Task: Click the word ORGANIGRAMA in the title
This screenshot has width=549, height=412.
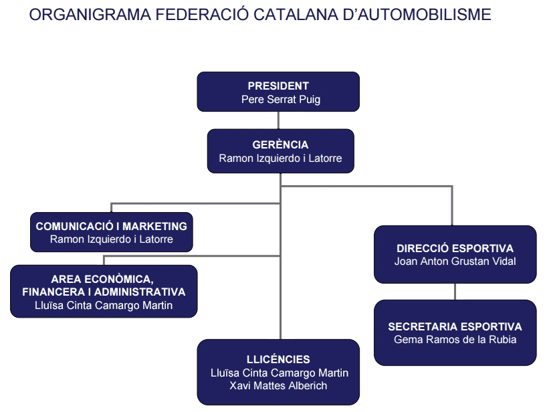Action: pos(90,15)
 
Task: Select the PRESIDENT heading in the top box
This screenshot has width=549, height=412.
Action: pos(278,86)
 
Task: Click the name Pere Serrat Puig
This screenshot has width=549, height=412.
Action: pos(281,100)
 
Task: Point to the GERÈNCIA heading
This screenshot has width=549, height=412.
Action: pos(280,144)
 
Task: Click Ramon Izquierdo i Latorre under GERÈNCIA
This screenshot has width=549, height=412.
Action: pos(280,159)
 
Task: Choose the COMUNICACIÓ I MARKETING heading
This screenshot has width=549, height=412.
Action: pos(112,226)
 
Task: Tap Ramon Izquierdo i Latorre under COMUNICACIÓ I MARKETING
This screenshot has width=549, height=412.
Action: pos(112,239)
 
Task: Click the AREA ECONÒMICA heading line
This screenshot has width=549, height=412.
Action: pos(102,279)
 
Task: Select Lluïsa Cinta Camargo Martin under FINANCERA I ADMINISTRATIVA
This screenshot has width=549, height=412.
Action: pos(104,306)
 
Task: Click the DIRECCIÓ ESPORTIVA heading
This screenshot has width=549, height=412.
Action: pos(455,248)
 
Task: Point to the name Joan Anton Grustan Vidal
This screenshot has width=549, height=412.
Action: pos(455,262)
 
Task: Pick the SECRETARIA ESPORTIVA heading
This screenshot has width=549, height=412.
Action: pos(455,326)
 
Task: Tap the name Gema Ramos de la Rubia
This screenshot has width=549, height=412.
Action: pos(455,340)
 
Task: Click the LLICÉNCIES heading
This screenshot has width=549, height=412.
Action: pos(278,359)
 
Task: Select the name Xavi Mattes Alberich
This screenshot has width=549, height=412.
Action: pos(278,386)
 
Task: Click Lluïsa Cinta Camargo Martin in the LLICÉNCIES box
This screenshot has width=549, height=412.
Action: pos(280,373)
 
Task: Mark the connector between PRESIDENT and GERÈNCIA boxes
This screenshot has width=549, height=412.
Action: pos(278,120)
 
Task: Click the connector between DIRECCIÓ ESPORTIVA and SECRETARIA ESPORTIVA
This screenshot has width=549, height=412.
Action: pos(455,292)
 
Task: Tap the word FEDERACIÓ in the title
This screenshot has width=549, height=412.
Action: pos(202,15)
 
